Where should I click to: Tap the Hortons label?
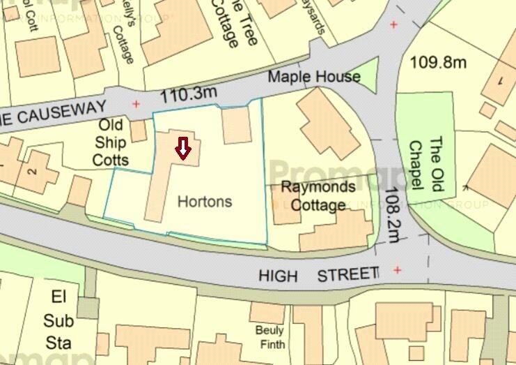(x=204, y=202)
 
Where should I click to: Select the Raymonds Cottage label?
(x=318, y=196)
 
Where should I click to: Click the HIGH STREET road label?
(x=318, y=275)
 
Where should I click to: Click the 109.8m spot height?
(x=437, y=62)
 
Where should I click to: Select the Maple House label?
(x=314, y=76)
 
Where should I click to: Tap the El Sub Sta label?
(x=58, y=320)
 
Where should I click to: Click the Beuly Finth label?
(x=268, y=336)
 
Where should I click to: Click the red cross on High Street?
(x=398, y=270)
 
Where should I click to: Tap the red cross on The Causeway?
(x=136, y=105)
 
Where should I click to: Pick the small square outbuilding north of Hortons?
(x=236, y=126)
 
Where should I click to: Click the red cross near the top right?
(x=394, y=25)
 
